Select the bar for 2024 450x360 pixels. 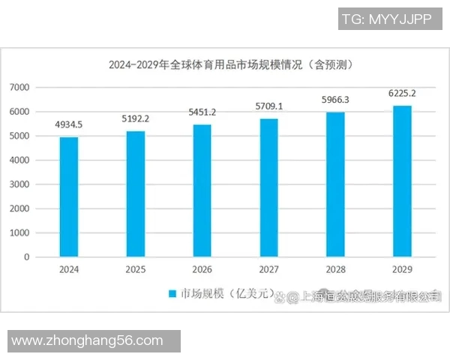(69, 196)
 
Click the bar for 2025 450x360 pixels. (136, 193)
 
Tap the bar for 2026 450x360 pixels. (202, 190)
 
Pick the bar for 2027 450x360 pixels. (268, 187)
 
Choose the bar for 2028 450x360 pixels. (335, 184)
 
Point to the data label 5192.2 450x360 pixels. (136, 118)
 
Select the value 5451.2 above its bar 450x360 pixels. (202, 112)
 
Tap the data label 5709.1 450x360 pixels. (268, 106)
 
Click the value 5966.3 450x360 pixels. (335, 100)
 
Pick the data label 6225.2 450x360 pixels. (402, 94)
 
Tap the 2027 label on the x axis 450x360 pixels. (268, 268)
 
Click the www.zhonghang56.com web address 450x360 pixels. (88, 341)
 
